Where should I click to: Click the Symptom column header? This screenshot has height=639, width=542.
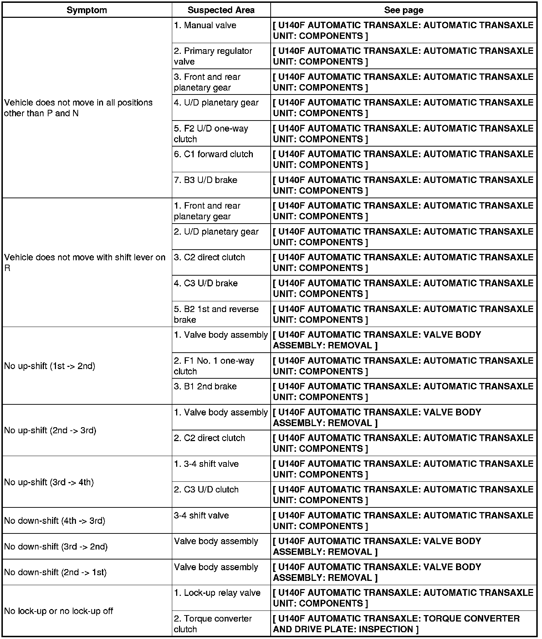(x=87, y=10)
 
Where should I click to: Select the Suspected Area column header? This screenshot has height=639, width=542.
(x=221, y=10)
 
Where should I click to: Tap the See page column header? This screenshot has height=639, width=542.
(x=403, y=10)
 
